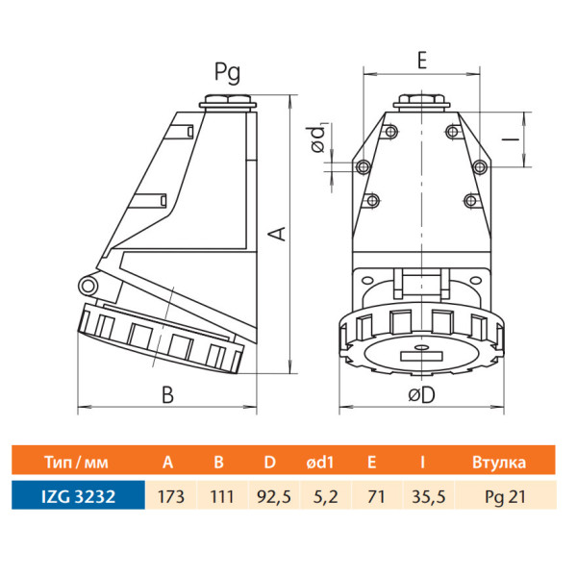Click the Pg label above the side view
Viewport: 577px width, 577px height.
pos(227,72)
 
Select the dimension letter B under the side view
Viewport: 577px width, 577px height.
pos(167,395)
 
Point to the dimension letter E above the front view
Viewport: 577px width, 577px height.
pos(422,60)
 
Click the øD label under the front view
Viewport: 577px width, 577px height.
pos(421,395)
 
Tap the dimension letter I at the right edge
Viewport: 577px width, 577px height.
pos(511,139)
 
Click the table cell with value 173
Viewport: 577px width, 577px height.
pos(171,497)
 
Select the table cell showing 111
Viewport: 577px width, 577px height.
pos(222,497)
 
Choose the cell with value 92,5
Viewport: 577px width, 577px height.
pos(274,497)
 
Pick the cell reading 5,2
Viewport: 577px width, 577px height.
pos(325,497)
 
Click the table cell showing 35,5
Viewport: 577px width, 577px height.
pos(429,497)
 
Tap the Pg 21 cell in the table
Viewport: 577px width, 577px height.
pos(505,497)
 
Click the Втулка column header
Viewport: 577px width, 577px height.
pos(499,463)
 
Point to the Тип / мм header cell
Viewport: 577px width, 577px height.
pos(77,463)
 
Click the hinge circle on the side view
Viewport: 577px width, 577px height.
pos(88,286)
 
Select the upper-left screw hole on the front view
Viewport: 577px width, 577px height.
pos(391,131)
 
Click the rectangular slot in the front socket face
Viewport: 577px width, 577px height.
pos(421,356)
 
